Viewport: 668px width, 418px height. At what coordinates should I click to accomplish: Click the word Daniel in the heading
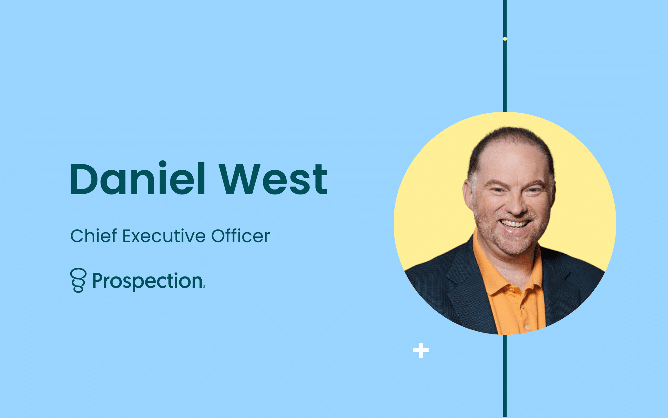tap(138, 178)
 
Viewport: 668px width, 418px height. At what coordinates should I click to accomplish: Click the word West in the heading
tap(273, 179)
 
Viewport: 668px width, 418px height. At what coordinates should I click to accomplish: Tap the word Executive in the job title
tap(164, 236)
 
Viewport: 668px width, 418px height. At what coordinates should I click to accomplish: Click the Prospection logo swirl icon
tap(78, 280)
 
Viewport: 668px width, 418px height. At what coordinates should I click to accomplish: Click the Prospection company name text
tap(148, 281)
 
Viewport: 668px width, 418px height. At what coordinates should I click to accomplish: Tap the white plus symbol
tap(421, 351)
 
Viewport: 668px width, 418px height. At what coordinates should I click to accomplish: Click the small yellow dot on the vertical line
tap(505, 39)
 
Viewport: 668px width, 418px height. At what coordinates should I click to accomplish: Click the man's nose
tap(516, 206)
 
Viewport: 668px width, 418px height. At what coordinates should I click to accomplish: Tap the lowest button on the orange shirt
tap(528, 327)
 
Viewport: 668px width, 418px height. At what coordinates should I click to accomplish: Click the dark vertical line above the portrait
tap(505, 56)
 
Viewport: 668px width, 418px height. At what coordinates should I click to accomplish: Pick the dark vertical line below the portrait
tap(505, 376)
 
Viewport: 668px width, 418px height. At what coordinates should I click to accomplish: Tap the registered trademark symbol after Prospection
tap(204, 287)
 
